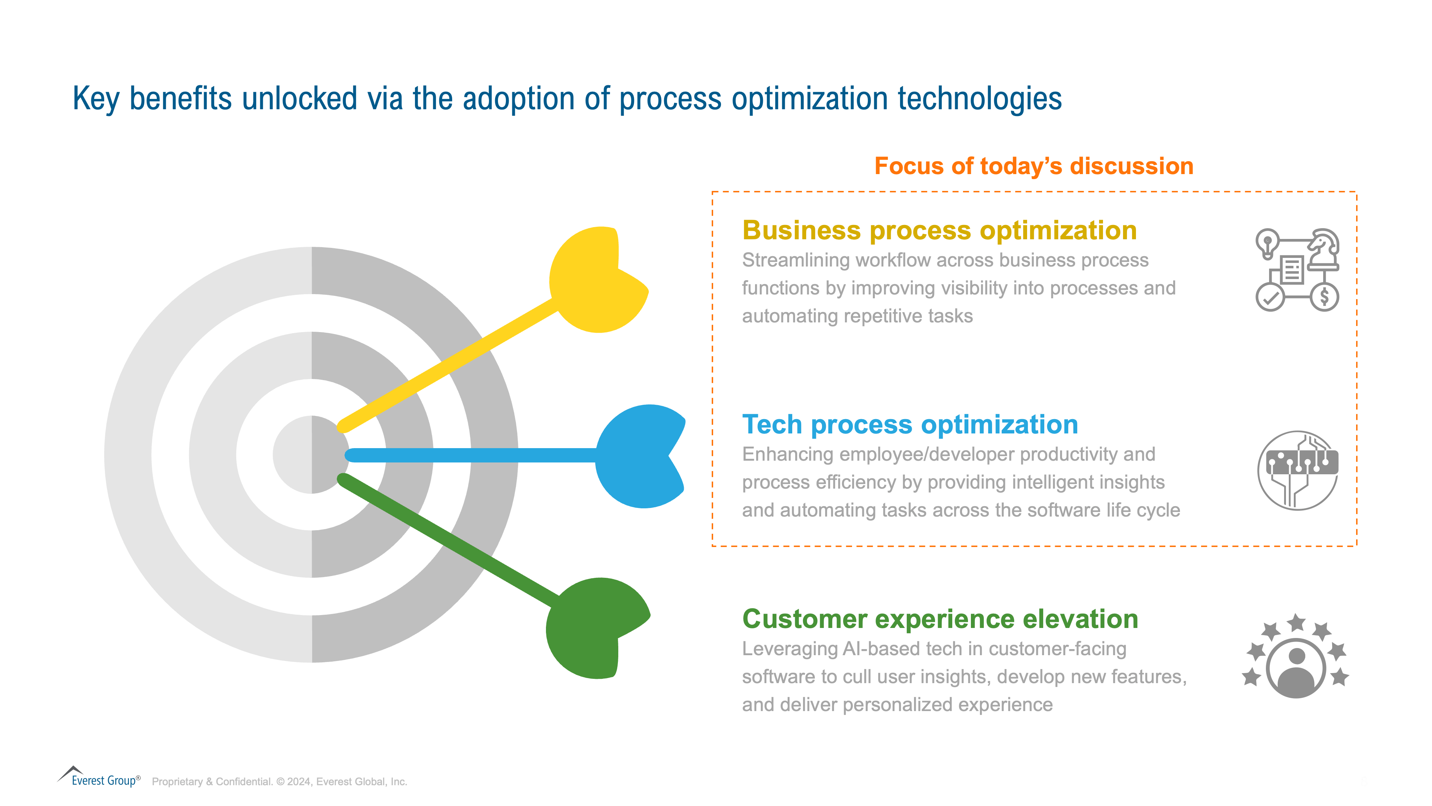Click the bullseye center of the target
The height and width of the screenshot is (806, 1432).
point(312,455)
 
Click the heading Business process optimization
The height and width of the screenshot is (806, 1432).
point(939,230)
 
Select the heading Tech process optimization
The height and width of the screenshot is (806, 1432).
point(910,424)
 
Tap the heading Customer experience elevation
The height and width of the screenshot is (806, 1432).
point(940,619)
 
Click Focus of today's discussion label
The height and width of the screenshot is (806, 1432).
point(1034,166)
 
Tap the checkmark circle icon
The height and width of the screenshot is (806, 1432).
point(1270,298)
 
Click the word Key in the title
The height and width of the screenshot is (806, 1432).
point(96,99)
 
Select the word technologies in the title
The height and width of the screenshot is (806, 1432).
point(979,99)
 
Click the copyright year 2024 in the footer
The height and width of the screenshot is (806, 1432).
point(299,782)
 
